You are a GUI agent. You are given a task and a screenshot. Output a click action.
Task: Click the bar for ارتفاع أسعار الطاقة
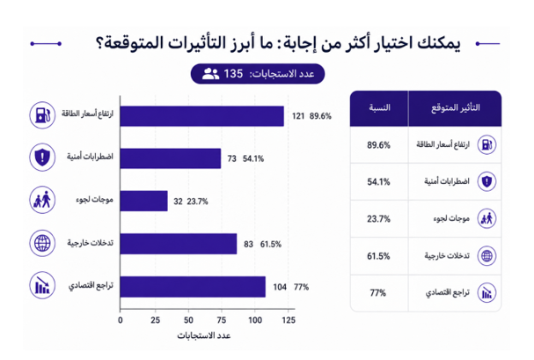click(202, 116)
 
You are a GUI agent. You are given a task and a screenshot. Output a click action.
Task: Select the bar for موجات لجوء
click(143, 201)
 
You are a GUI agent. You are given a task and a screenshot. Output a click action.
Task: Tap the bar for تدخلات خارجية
click(179, 244)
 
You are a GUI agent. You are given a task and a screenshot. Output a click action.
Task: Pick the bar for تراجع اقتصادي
click(193, 286)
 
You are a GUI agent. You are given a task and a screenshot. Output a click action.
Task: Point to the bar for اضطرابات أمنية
click(171, 158)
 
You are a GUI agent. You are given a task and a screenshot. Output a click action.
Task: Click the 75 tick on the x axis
click(222, 320)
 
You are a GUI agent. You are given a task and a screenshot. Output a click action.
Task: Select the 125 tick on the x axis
click(289, 320)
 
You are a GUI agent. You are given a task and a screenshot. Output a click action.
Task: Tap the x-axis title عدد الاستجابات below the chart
click(204, 336)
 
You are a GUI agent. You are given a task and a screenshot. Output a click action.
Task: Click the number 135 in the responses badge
click(233, 74)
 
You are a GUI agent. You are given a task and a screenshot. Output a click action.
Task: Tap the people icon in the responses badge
click(210, 74)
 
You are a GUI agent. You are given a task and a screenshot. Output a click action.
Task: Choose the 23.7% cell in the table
click(378, 218)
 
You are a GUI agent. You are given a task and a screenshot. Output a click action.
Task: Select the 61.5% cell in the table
click(378, 256)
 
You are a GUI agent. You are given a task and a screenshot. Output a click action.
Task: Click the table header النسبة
click(379, 108)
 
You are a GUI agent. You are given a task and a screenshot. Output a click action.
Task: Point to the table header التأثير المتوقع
click(456, 108)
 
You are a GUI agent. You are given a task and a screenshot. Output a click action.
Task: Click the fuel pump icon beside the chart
click(42, 115)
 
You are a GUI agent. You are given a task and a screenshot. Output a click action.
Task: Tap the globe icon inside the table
click(486, 256)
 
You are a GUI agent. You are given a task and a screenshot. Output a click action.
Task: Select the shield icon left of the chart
click(42, 158)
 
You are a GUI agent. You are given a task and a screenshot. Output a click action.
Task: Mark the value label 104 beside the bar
click(280, 287)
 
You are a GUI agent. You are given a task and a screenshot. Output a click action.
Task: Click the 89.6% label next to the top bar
click(320, 116)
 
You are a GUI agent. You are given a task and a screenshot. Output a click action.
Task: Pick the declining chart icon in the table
click(486, 292)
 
